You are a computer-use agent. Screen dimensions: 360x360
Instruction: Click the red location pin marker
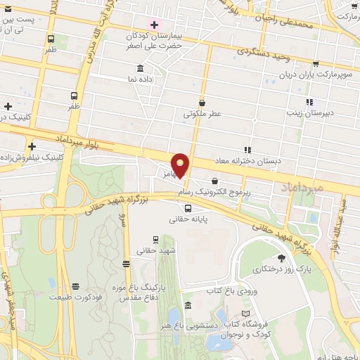click(181, 165)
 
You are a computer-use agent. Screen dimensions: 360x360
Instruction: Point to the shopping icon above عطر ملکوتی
click(202, 102)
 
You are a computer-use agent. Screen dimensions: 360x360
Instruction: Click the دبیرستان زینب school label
click(310, 112)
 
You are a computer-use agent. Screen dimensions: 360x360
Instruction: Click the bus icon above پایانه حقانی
click(188, 208)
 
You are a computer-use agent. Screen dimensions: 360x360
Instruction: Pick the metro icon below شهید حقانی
click(126, 264)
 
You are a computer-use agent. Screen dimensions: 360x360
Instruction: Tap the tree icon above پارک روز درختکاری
click(282, 258)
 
